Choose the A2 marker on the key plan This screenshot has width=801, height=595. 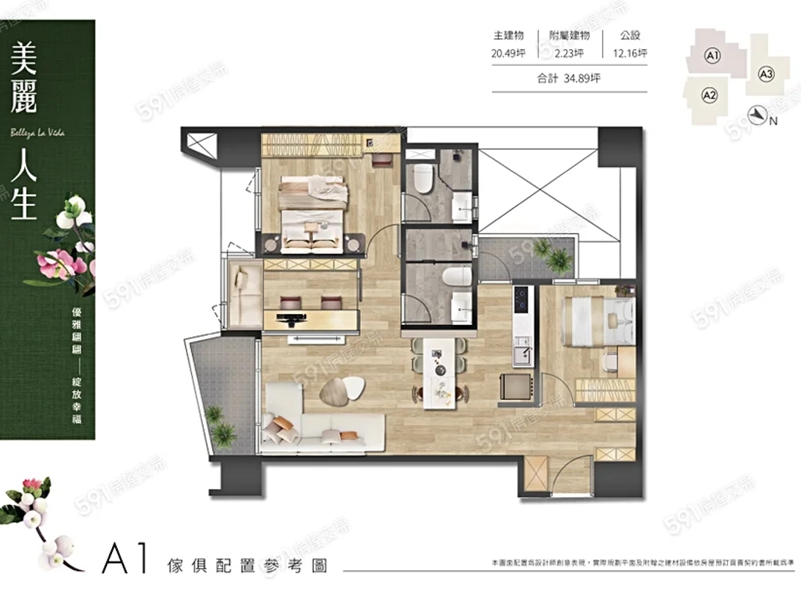[x=708, y=94]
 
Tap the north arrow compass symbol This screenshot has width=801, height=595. [x=757, y=115]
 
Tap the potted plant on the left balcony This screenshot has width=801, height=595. [x=220, y=424]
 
